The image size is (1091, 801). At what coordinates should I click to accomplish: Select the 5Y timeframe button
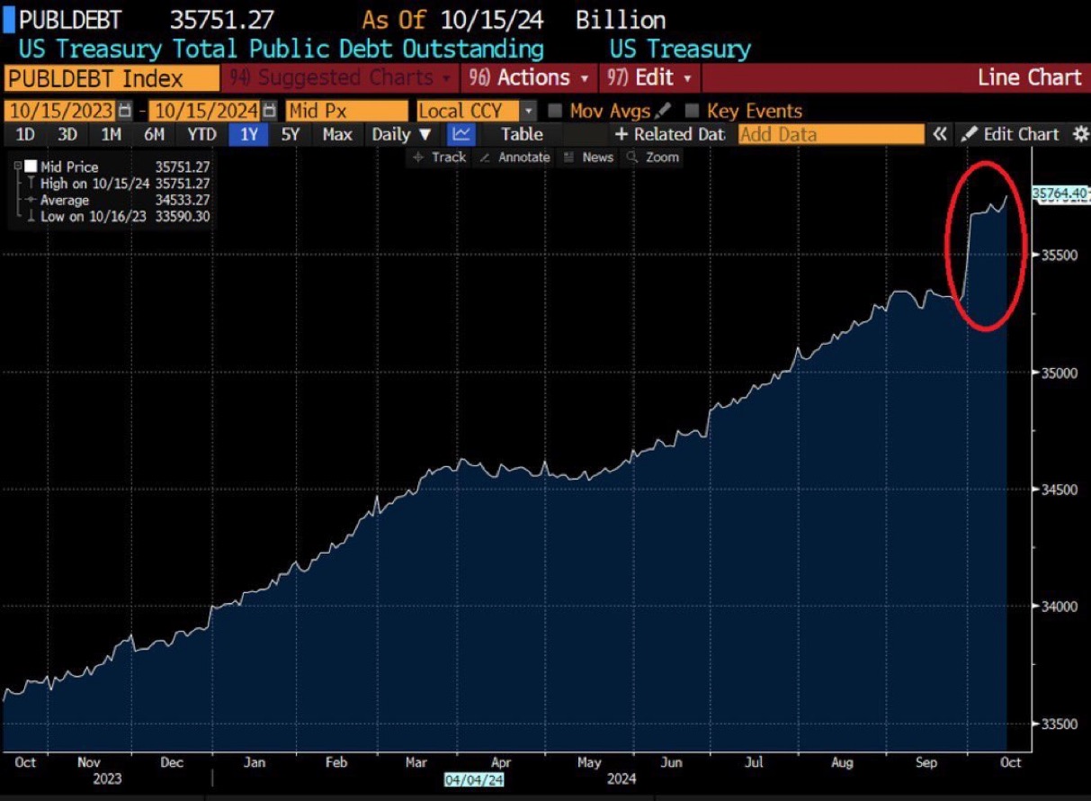(291, 135)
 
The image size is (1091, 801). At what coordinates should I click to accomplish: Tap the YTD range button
(201, 135)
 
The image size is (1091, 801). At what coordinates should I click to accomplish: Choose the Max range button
(337, 135)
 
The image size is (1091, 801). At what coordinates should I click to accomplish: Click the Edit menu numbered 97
(649, 78)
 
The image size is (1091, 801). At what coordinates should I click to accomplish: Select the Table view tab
(522, 135)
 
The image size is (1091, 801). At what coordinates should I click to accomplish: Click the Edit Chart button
(1011, 135)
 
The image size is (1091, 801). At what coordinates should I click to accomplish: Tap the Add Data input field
(830, 135)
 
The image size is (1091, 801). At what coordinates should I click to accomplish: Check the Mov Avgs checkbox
(555, 112)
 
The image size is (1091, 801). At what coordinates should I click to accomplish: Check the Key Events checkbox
(692, 112)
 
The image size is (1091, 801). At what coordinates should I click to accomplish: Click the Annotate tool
(514, 157)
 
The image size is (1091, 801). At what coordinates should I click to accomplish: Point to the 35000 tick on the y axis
(1058, 373)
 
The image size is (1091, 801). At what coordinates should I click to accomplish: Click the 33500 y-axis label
(1058, 724)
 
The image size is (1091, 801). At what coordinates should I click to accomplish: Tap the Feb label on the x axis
(335, 762)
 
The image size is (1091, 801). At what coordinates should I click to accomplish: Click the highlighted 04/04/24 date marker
(473, 779)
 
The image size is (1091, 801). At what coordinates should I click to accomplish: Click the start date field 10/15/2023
(61, 112)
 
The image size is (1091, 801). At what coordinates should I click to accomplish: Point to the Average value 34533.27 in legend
(183, 201)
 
